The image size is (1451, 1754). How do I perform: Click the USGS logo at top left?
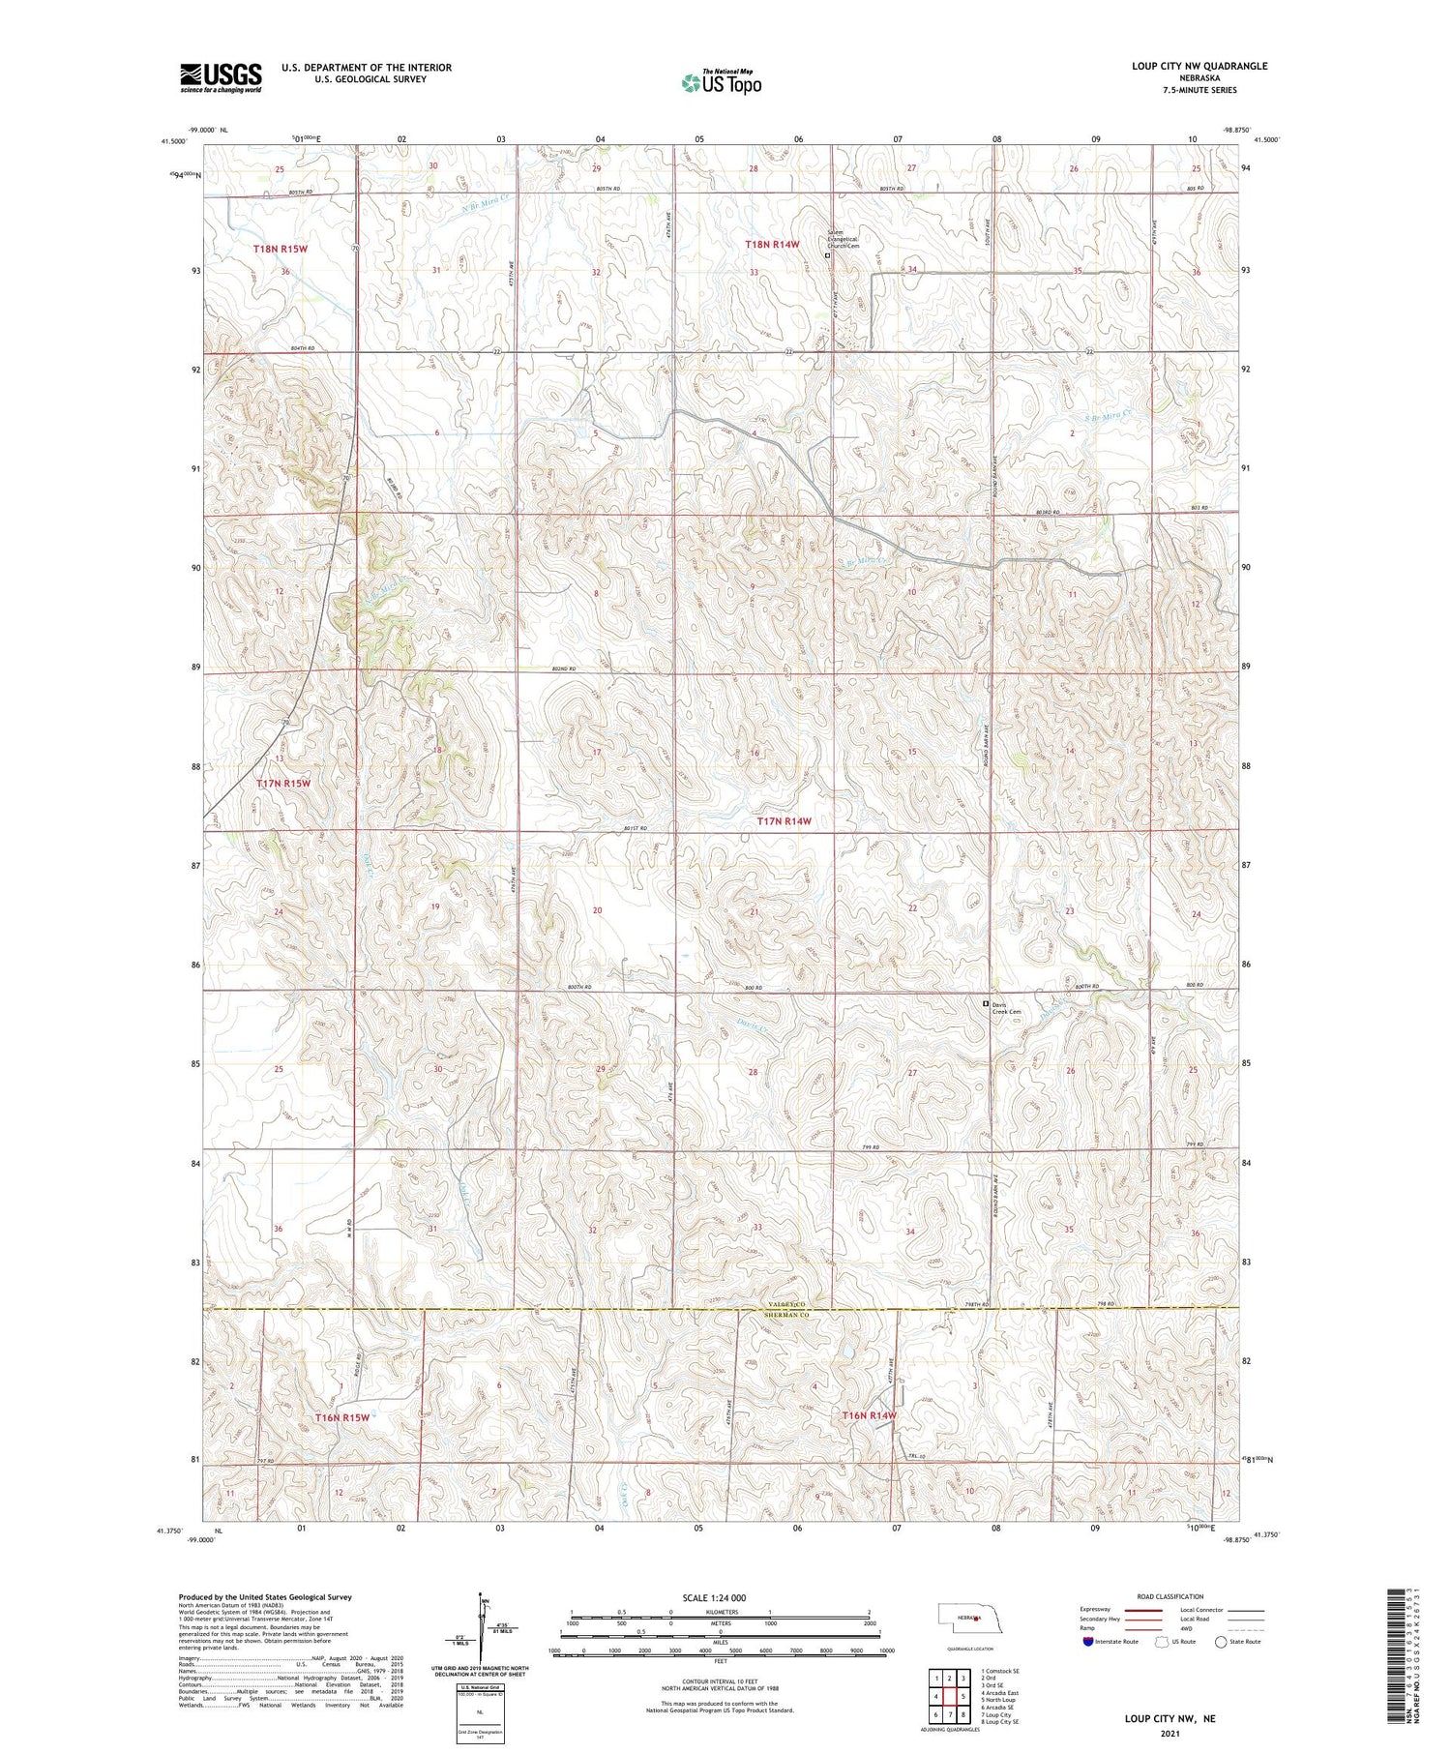(221, 77)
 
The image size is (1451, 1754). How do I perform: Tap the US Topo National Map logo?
(721, 83)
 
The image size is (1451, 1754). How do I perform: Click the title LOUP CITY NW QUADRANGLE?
(1199, 67)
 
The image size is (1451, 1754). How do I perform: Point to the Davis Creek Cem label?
(1006, 1008)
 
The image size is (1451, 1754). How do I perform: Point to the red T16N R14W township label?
(869, 1415)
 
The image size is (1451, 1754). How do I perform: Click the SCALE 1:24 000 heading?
(713, 1597)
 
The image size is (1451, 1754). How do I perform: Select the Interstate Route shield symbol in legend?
(1089, 1641)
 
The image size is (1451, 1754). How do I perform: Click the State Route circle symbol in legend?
(1222, 1641)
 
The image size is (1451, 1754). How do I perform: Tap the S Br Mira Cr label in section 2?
(1106, 416)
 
